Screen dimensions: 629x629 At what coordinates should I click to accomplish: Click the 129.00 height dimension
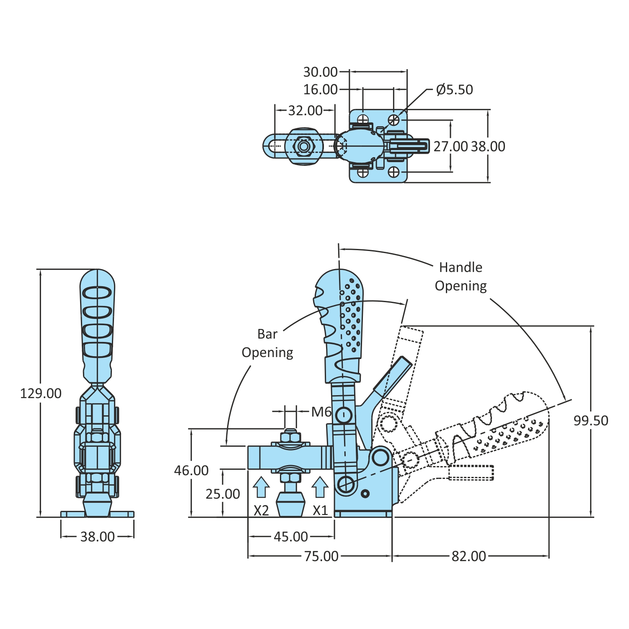click(x=41, y=393)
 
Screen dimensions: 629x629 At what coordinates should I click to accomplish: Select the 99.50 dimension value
click(x=590, y=420)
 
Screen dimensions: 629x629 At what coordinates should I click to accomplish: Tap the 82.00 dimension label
click(x=469, y=556)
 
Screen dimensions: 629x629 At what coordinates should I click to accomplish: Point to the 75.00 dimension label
click(x=321, y=556)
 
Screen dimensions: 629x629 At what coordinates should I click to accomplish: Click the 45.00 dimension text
click(x=291, y=536)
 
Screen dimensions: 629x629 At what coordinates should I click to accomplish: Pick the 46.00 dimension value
click(x=191, y=470)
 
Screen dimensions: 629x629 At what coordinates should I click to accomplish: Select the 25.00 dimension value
click(x=223, y=494)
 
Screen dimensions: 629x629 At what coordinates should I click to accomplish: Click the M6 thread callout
click(x=321, y=412)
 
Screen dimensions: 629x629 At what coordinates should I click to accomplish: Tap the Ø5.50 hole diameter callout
click(x=454, y=90)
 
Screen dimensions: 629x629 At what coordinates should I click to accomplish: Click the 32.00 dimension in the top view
click(x=305, y=111)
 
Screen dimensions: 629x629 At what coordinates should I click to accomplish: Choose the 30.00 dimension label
click(x=320, y=72)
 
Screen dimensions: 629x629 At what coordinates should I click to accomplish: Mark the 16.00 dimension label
click(x=320, y=90)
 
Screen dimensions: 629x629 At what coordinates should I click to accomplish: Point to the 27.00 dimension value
click(x=450, y=147)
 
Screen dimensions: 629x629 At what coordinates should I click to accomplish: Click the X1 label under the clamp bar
click(x=320, y=510)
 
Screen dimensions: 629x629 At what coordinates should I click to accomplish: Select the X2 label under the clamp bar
click(x=261, y=510)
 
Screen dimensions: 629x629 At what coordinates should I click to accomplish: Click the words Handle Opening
click(x=461, y=277)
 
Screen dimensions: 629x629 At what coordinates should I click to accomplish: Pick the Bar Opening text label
click(x=267, y=343)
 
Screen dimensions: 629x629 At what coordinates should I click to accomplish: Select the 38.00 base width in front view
click(x=97, y=537)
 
